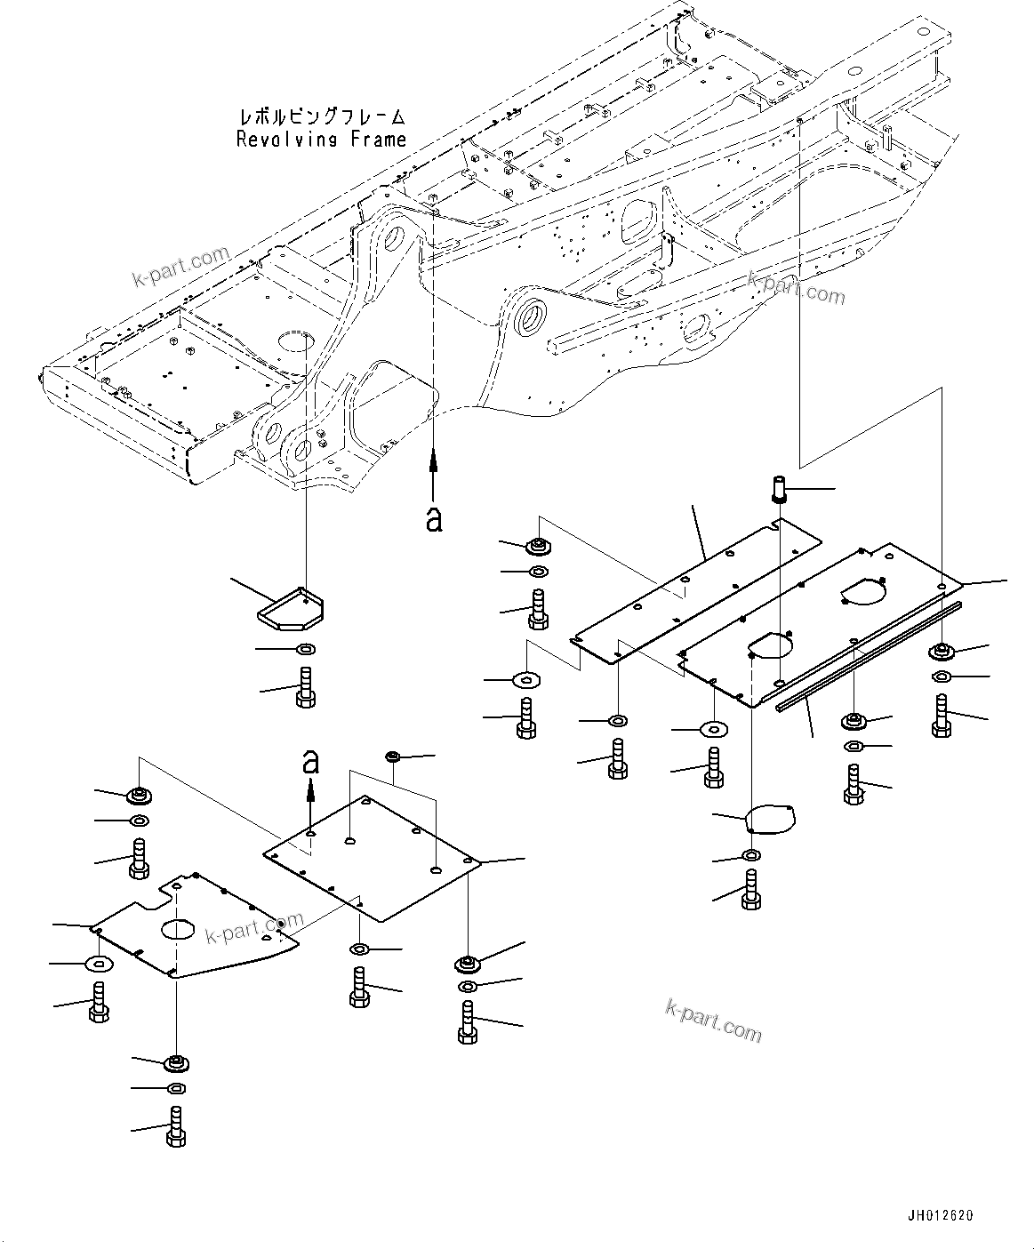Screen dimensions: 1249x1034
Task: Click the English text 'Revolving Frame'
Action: point(321,139)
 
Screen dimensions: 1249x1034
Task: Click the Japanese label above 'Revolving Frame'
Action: point(321,117)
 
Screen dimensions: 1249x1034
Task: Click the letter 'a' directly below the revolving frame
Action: point(434,519)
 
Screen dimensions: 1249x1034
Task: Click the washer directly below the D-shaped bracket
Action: point(305,649)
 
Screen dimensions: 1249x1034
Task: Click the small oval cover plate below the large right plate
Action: point(771,819)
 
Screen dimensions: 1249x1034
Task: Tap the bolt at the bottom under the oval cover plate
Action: point(752,889)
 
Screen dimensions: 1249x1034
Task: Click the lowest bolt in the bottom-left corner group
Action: point(175,1126)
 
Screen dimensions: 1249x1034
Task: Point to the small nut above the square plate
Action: point(392,757)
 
